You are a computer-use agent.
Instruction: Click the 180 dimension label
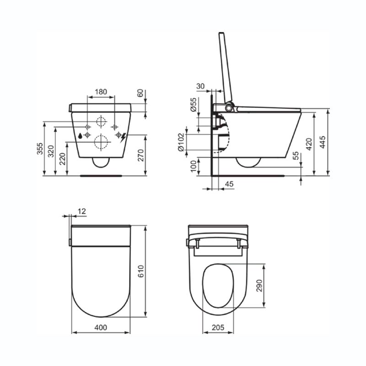coord(101,92)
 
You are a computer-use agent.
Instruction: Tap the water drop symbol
coord(80,135)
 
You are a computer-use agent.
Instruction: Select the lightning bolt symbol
coord(123,138)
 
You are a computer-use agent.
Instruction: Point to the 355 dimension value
coord(40,148)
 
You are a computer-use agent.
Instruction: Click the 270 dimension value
coord(141,155)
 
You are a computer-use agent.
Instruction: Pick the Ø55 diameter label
coord(194,105)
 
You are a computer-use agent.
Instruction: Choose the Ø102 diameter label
coord(181,142)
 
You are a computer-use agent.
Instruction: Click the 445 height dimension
coord(323,142)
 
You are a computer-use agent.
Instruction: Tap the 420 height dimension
coord(309,144)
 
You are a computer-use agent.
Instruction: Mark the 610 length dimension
coord(141,271)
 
